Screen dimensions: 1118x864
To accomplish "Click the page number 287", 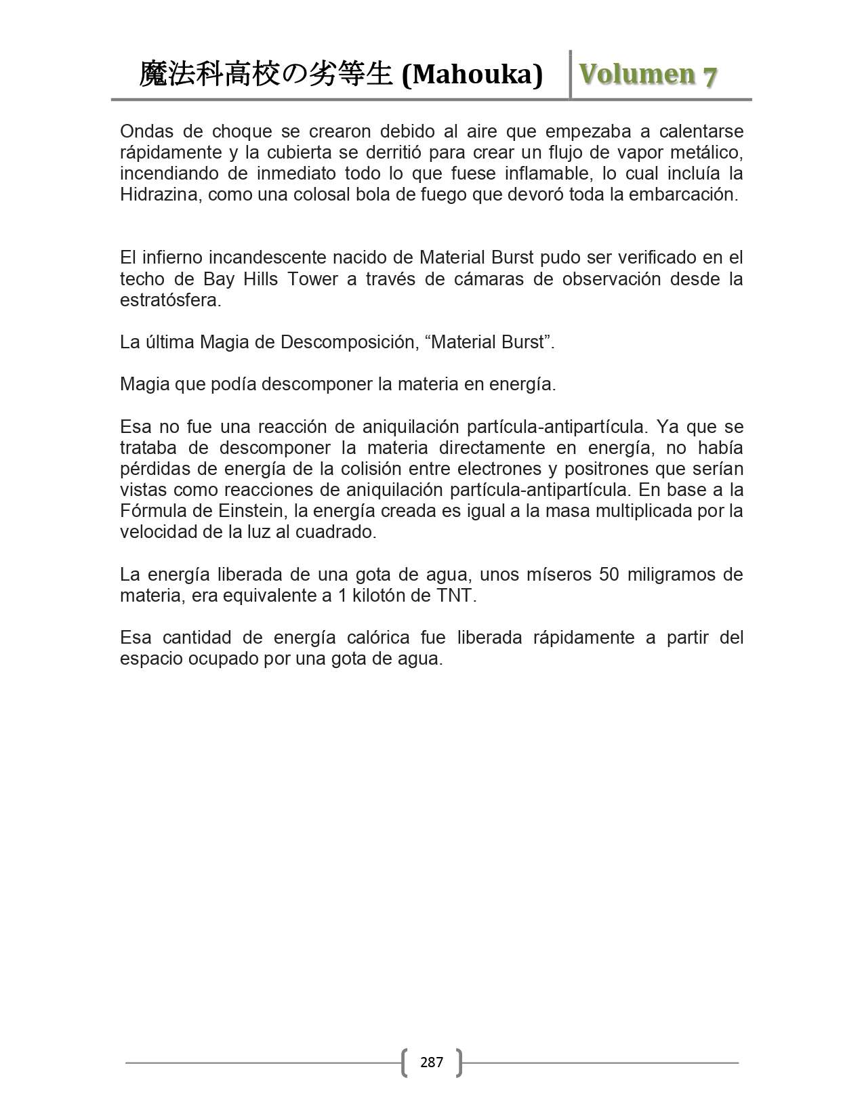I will [431, 1062].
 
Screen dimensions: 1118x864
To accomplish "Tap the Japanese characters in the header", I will [266, 75].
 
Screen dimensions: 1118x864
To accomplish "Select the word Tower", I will [313, 278].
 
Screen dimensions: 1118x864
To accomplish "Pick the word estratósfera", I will [170, 299].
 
